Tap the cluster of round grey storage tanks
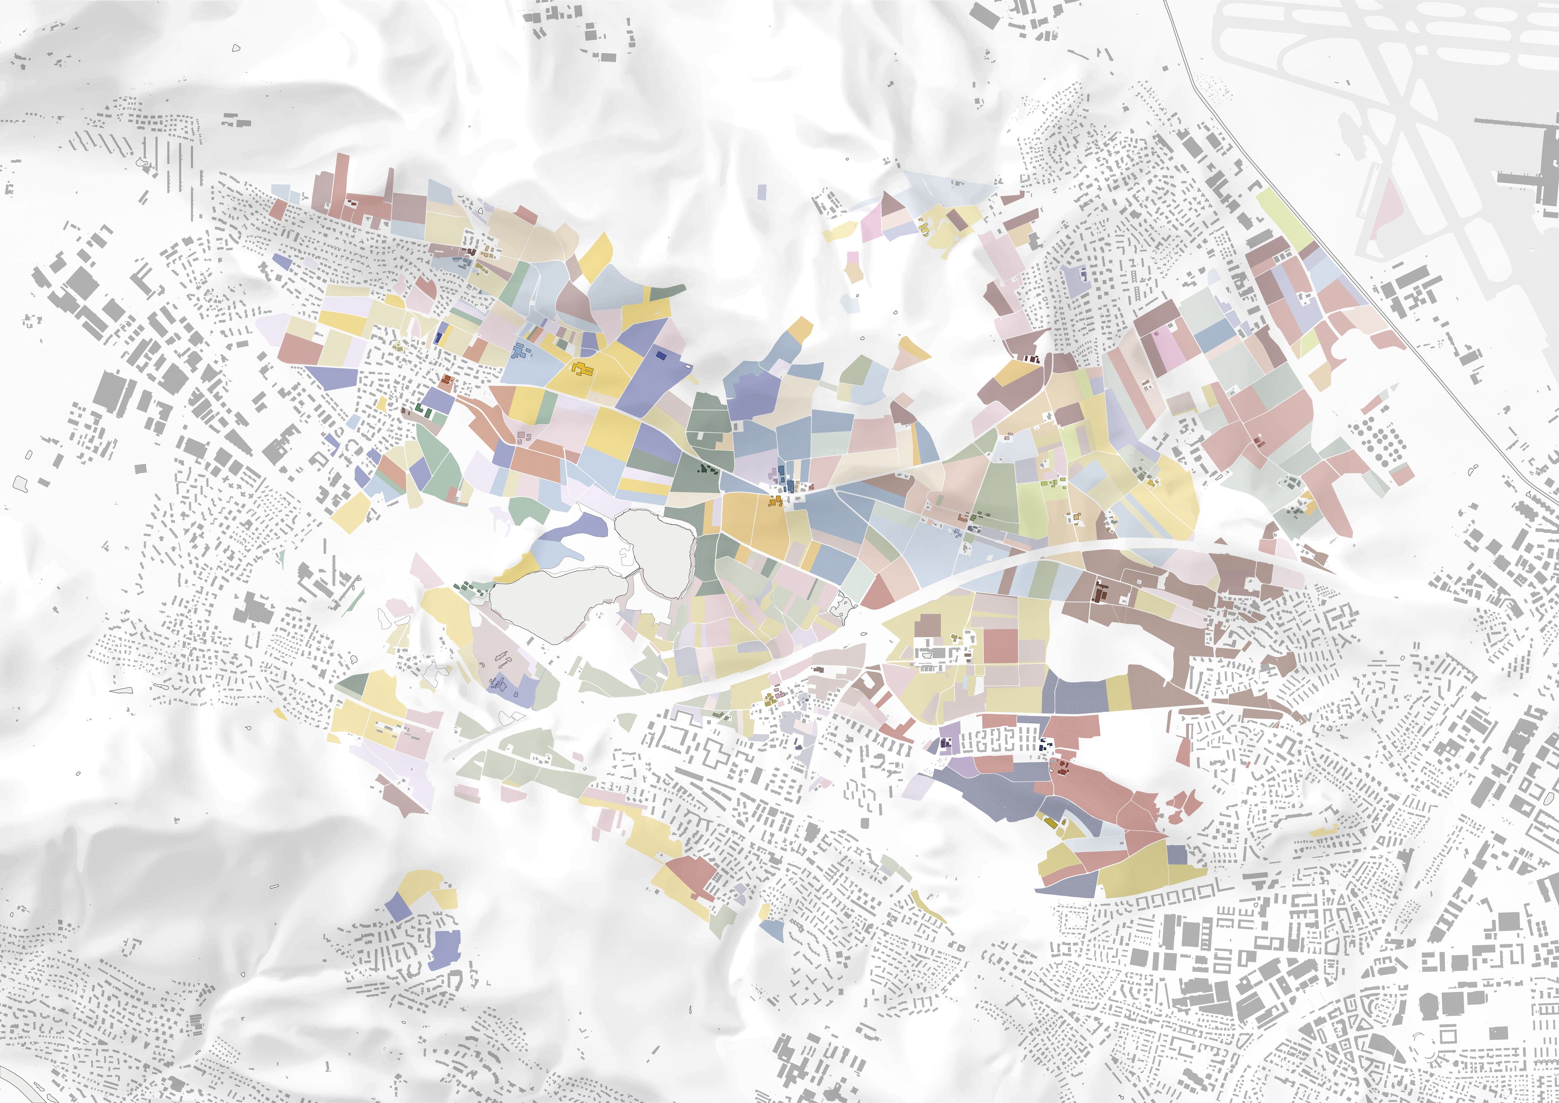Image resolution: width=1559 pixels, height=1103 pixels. [x=1375, y=442]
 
